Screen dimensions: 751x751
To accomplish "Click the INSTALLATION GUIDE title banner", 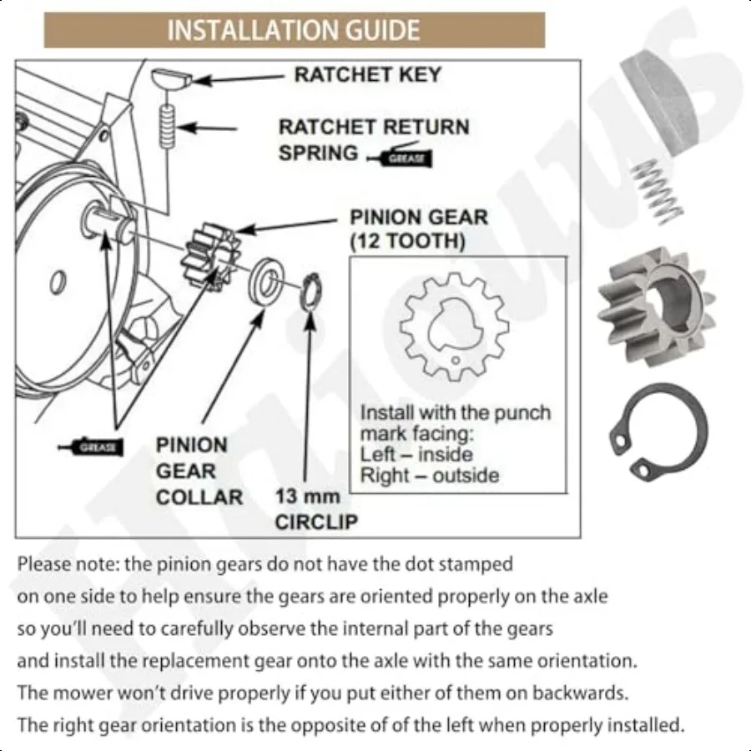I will tap(294, 30).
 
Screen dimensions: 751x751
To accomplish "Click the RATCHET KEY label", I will tap(367, 75).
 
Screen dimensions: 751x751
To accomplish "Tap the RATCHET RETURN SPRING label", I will tap(373, 139).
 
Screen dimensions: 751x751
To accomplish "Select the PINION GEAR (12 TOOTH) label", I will tap(418, 229).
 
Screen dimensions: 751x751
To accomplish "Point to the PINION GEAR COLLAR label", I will tap(199, 471).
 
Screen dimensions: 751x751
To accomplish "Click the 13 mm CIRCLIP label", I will tap(315, 509).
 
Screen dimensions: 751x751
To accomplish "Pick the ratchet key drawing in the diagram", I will tap(170, 82).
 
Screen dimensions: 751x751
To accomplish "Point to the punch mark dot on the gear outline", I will tap(456, 360).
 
